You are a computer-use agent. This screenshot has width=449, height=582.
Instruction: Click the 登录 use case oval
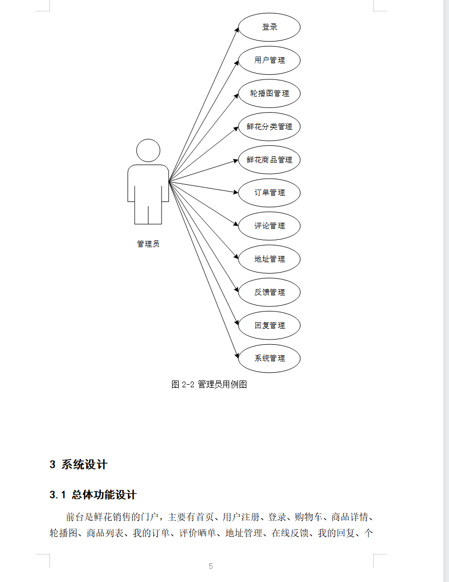269,27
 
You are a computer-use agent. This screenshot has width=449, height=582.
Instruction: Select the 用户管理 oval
269,60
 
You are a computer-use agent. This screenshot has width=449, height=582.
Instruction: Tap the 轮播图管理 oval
269,93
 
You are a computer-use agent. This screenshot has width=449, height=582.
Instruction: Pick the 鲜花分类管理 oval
269,127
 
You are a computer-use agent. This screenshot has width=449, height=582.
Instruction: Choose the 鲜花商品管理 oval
269,160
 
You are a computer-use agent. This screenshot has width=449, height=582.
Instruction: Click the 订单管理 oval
269,193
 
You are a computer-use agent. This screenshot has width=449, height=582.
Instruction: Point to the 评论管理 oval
269,226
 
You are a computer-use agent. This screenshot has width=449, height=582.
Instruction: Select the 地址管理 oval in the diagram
269,259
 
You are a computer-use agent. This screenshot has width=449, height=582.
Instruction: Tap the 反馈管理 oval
269,292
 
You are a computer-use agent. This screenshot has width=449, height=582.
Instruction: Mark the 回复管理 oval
269,326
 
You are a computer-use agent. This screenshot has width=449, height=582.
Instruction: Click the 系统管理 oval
269,358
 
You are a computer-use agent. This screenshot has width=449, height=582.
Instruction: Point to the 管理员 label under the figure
148,244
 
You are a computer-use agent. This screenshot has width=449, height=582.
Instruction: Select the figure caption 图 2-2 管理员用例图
209,385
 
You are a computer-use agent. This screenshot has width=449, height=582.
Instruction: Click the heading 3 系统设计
78,465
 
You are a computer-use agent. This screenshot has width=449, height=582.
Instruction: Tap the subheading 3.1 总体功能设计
93,495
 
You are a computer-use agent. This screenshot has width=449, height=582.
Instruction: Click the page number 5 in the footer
210,566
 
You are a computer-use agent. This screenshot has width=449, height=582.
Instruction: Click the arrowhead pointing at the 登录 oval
236,29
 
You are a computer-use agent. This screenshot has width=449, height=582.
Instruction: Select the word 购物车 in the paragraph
306,517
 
